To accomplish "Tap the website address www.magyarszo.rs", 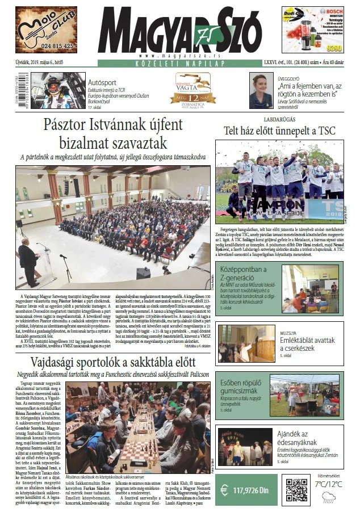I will click(180, 56).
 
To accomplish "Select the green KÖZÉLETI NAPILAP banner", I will click(180, 64).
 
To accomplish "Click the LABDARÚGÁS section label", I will click(279, 120).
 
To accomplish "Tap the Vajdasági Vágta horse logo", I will click(195, 87).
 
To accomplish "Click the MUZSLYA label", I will click(290, 333).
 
